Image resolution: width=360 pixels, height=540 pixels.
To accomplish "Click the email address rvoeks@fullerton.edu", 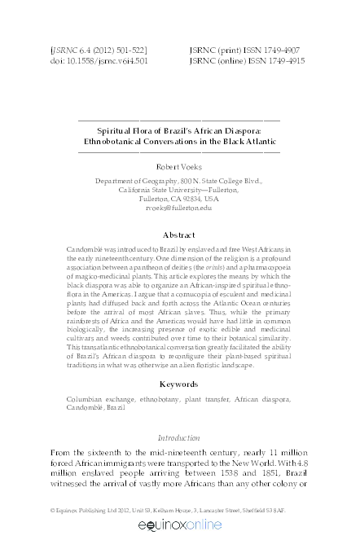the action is coord(178,208).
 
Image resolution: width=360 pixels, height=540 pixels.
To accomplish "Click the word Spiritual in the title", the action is coord(116,129).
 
